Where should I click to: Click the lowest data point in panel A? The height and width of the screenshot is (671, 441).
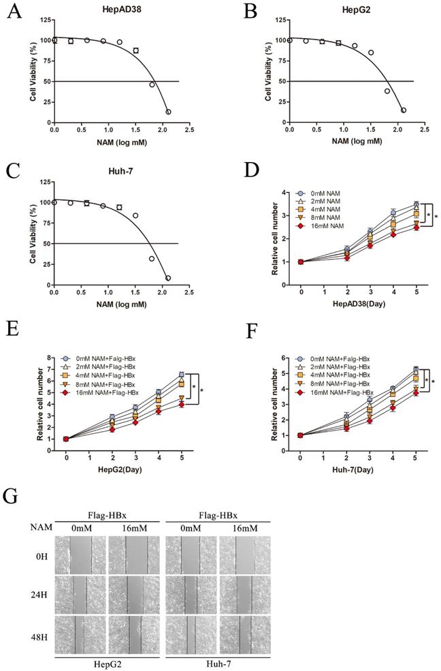(x=168, y=112)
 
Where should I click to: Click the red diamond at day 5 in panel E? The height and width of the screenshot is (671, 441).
(x=182, y=404)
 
